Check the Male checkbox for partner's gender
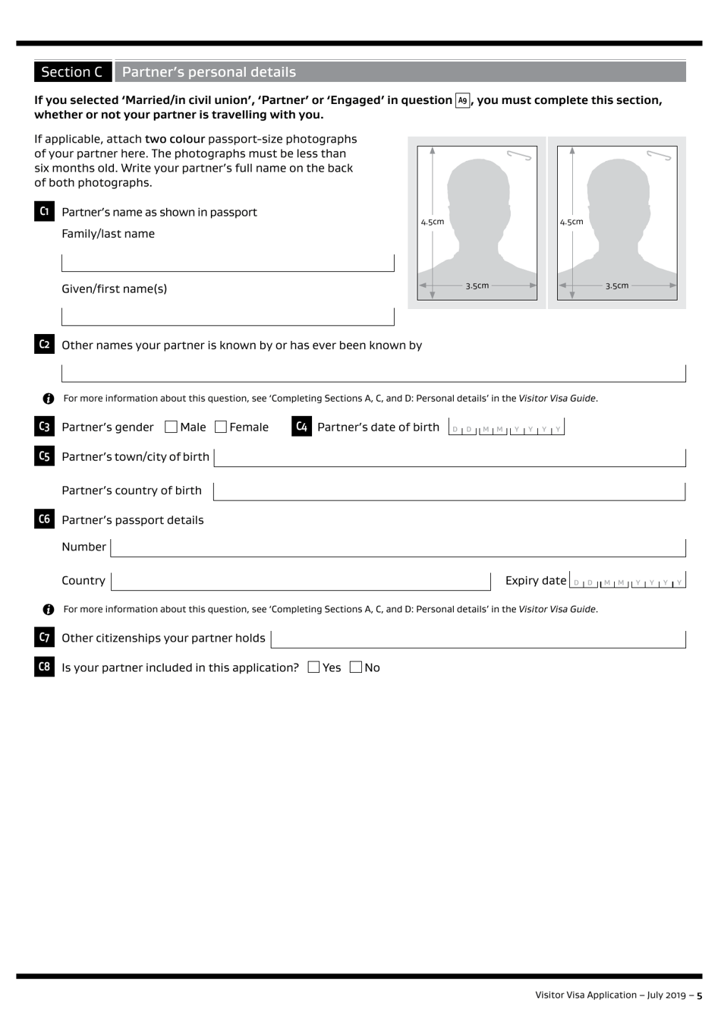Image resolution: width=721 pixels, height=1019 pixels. pos(171,427)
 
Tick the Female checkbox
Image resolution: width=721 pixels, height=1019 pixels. pos(221,427)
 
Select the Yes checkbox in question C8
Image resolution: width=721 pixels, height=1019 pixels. pos(314,667)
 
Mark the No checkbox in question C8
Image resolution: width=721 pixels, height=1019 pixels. pos(356,667)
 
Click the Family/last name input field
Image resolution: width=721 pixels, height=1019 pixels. pos(228,262)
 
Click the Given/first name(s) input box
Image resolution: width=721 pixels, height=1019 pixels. pos(228,316)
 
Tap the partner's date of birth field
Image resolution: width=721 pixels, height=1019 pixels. pos(506,427)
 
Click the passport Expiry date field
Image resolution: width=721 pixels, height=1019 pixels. pos(628,581)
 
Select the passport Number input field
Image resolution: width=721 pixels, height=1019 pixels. pos(398,547)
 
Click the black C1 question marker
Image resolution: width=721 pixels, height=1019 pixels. pos(44,211)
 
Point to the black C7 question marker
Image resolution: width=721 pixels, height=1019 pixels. pos(44,637)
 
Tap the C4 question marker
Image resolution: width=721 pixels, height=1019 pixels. pos(301,427)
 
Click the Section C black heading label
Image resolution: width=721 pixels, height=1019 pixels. pos(72,72)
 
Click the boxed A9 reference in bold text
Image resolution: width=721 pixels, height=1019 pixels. pos(462,100)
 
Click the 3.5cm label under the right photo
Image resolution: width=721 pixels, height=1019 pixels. pos(616,286)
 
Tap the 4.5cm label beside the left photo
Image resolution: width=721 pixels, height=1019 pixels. pos(433,222)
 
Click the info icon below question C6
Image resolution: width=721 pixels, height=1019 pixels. pos(49,609)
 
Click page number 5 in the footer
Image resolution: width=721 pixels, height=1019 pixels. pos(699,995)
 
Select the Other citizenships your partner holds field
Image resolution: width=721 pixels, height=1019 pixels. pos(478,639)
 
